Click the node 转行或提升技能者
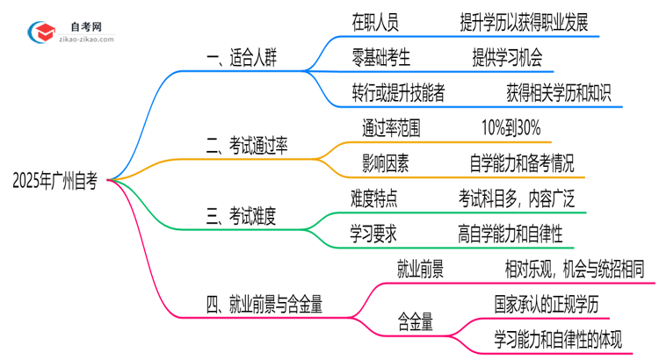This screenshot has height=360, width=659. pyautogui.click(x=398, y=92)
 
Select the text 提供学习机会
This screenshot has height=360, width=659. pyautogui.click(x=506, y=57)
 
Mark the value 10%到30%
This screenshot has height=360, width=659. pyautogui.click(x=512, y=126)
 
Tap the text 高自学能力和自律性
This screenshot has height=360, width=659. pyautogui.click(x=510, y=233)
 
